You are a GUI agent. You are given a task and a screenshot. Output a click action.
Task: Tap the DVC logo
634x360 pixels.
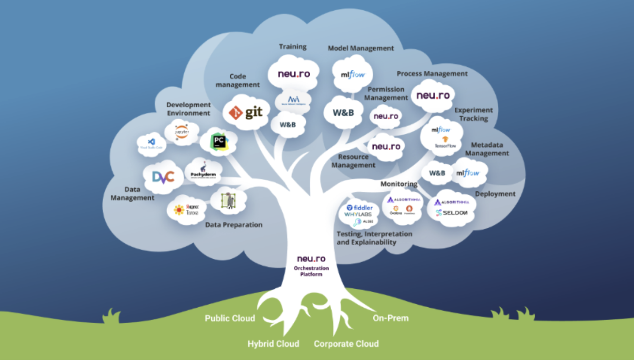(x=163, y=177)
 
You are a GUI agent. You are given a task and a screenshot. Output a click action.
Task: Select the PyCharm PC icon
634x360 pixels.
(x=218, y=141)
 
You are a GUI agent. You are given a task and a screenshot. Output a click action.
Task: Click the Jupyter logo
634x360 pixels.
(x=181, y=131)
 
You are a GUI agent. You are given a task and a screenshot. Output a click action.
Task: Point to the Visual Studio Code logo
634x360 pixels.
(x=152, y=143)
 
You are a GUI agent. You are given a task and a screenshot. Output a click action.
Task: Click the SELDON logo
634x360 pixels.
(x=452, y=213)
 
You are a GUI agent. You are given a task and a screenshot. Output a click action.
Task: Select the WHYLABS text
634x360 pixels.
(x=358, y=215)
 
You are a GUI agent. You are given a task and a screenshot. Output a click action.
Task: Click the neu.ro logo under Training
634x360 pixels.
(x=294, y=74)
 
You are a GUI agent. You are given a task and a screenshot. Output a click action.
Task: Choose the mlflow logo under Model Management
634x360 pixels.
(x=352, y=75)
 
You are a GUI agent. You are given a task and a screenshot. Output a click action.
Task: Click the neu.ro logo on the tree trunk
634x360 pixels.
(x=311, y=259)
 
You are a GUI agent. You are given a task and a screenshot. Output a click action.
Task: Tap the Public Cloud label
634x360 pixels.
(x=230, y=318)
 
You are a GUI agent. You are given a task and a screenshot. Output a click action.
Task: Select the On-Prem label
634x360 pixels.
(x=390, y=318)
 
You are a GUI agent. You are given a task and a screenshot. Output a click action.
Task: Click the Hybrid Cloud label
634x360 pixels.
(x=273, y=344)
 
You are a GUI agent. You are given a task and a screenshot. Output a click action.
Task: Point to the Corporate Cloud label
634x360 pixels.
(x=346, y=344)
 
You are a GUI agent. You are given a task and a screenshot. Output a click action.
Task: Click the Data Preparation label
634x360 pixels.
(x=234, y=225)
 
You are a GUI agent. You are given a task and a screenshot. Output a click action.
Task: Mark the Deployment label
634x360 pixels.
(x=495, y=194)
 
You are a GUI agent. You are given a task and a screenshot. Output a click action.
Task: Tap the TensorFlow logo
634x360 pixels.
(x=444, y=142)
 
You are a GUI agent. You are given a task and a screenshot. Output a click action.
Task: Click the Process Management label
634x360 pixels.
(x=432, y=74)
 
